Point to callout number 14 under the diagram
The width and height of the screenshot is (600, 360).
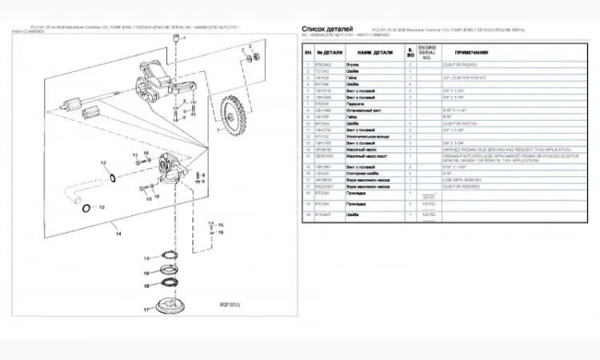[118, 234]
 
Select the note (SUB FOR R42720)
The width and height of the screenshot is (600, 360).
[462, 123]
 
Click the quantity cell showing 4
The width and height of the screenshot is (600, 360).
[410, 84]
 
